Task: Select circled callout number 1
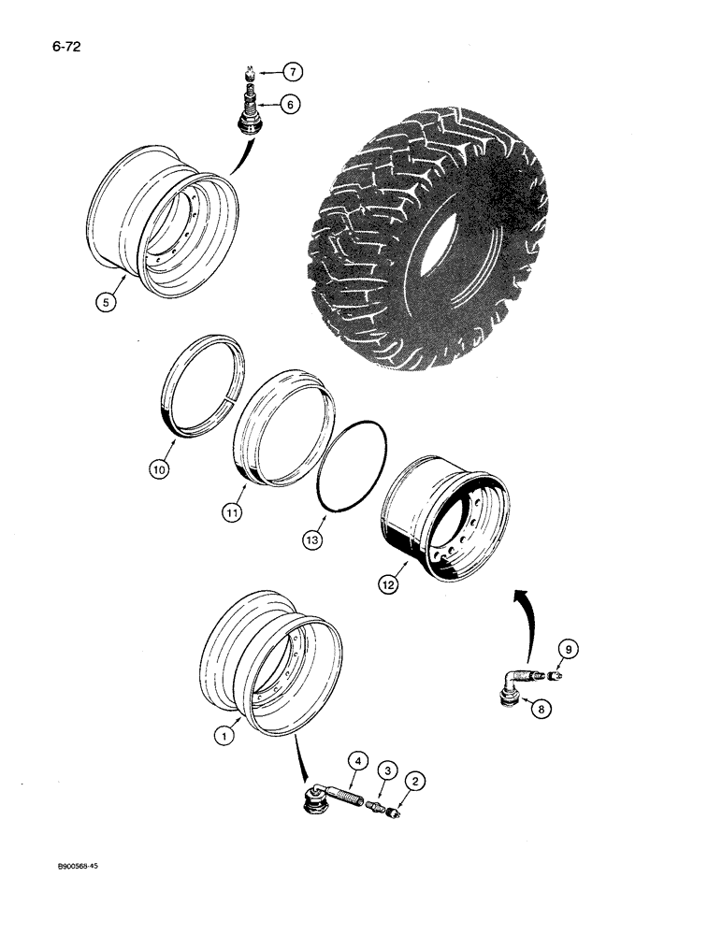(x=222, y=737)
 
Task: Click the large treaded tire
(x=430, y=224)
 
